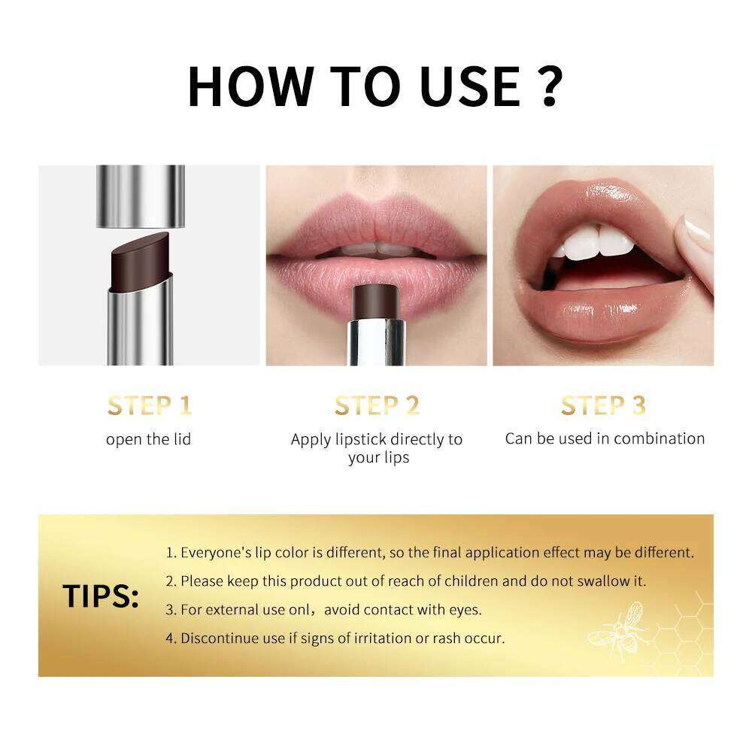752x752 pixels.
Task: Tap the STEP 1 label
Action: [149, 406]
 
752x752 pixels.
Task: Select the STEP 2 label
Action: [377, 406]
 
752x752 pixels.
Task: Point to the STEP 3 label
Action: [603, 406]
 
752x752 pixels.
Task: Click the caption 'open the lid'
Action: [149, 439]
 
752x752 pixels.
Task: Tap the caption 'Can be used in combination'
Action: [605, 438]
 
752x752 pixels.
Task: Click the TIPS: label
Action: [101, 596]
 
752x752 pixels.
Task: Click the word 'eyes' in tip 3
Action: [465, 610]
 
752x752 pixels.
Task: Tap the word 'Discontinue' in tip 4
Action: [218, 638]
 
